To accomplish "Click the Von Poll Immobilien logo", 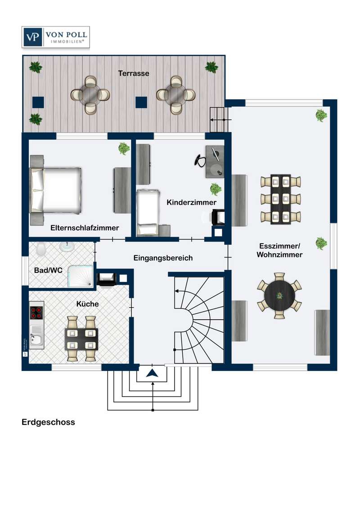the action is pos(55,37).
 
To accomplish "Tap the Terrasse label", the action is pos(134,73).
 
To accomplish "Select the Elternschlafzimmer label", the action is pos(85,228).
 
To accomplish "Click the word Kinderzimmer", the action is pos(191,202).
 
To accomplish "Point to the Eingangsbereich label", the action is pos(163,258).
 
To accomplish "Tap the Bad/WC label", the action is pos(48,270).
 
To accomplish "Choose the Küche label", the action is pos(87,304).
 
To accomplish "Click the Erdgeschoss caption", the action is pos(48,422).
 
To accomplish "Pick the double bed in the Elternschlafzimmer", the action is pos(55,190).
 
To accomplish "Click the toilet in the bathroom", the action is pos(41,249).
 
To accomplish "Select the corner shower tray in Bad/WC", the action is pos(81,276).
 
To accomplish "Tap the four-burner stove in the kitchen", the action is pos(37,312).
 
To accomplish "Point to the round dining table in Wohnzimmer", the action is pos(279,296).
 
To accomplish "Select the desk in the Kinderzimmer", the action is pos(215,162).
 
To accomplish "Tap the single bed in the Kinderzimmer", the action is pos(148,212).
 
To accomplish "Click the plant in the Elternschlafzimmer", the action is pos(124,148).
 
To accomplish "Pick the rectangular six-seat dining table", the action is pos(280,199).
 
